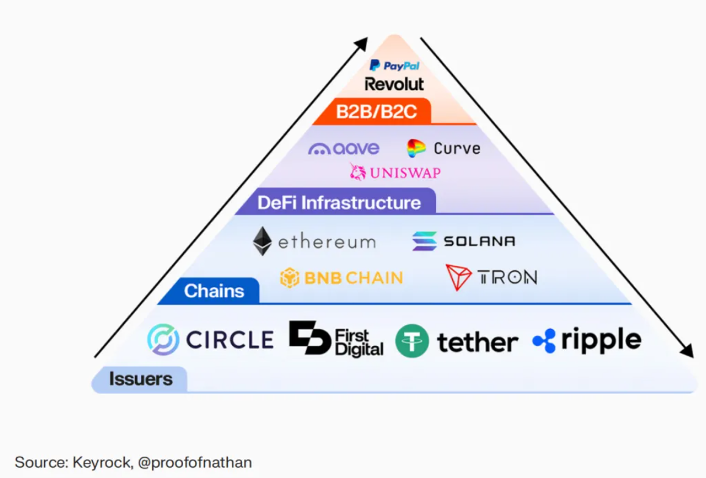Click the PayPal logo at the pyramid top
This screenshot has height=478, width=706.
coord(394,65)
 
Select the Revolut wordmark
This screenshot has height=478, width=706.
coord(394,84)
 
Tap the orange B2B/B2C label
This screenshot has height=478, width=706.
coord(377,113)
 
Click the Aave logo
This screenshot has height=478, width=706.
coord(344,148)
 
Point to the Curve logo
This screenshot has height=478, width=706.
coord(444,148)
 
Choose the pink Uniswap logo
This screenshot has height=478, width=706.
coord(395,172)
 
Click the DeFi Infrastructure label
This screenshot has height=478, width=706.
coord(339,202)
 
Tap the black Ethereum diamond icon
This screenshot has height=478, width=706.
coord(262,241)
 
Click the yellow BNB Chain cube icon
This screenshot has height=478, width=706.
coord(290,278)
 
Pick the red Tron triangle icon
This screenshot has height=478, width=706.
coord(458,277)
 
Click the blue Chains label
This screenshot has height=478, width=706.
coord(214,291)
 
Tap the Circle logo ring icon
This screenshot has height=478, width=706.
coord(163,339)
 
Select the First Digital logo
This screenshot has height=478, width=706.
coord(336,339)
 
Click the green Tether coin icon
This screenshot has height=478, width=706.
coord(412,341)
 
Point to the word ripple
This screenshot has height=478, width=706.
coord(601,340)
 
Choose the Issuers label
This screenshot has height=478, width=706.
coord(141,379)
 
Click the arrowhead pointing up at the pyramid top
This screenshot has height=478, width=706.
coord(362,43)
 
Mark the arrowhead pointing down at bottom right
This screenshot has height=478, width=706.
coord(687,352)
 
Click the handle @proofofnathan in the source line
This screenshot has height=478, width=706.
coord(195,462)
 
